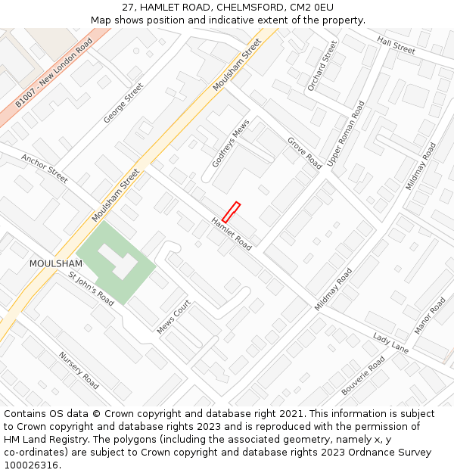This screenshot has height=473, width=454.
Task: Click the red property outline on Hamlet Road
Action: click(x=231, y=212)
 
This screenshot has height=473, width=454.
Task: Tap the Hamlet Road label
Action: click(x=232, y=234)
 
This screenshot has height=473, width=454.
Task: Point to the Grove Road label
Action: click(x=304, y=153)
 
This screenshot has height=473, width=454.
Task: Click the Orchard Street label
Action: click(x=322, y=67)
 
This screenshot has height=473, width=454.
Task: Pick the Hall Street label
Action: click(x=396, y=45)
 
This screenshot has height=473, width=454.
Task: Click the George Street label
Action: click(x=123, y=104)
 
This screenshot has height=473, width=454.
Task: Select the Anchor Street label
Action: click(x=44, y=169)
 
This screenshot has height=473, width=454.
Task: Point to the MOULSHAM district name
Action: click(x=55, y=263)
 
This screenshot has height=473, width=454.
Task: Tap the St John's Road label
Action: click(x=91, y=289)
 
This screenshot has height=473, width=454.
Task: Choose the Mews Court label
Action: click(x=173, y=318)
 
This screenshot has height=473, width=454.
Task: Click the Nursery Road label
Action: click(x=79, y=370)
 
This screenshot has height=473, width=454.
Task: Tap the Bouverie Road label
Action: click(x=363, y=375)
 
